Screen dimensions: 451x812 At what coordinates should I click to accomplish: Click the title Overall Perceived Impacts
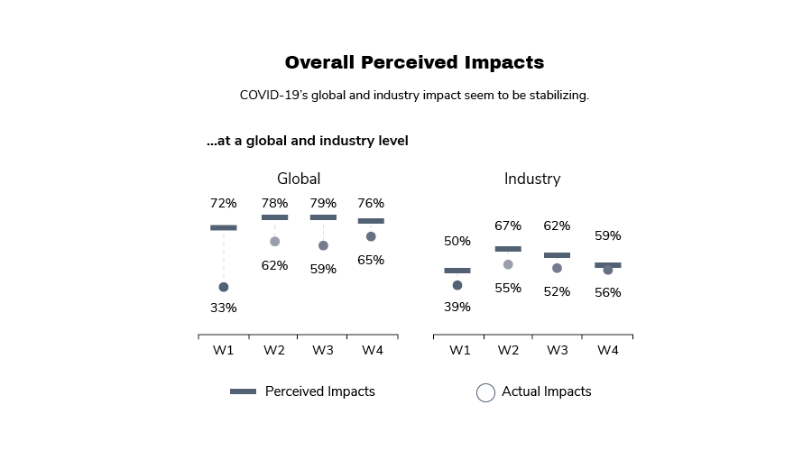pos(414,62)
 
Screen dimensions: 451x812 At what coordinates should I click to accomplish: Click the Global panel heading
pos(298,179)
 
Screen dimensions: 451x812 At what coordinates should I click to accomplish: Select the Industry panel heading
pos(531,179)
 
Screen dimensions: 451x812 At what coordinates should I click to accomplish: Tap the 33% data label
pos(224,308)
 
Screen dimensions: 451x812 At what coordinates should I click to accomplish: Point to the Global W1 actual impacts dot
pos(224,287)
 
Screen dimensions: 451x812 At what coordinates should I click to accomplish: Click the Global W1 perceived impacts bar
pos(224,227)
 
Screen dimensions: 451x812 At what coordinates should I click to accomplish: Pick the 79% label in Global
pos(323,203)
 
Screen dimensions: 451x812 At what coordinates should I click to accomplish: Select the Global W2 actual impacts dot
pos(274,242)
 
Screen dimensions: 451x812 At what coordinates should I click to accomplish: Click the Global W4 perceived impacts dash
pos(371,221)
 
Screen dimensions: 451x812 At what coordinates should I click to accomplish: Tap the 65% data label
pos(371,260)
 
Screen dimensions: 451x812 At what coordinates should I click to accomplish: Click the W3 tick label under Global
pos(323,350)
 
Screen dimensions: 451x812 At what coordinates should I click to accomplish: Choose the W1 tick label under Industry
pos(459,350)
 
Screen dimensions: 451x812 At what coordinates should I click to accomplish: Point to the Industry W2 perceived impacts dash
pos(508,249)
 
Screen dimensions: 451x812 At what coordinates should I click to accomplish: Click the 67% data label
pos(508,225)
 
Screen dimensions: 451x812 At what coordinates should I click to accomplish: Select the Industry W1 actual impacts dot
pos(457,285)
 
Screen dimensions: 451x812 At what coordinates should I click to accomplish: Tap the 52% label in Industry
pos(557,291)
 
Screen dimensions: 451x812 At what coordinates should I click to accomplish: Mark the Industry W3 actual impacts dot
pos(557,268)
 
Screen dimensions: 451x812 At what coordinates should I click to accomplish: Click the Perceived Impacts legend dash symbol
pos(243,391)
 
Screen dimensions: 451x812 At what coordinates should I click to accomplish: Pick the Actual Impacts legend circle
pos(485,392)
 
